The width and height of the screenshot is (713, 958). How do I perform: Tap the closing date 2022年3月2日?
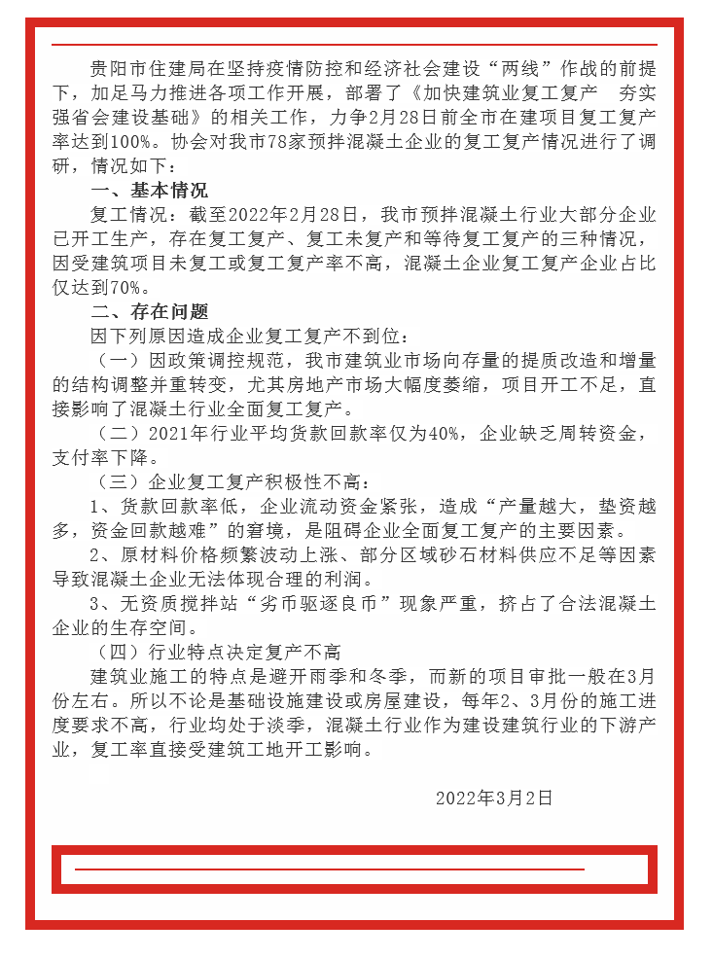pos(494,798)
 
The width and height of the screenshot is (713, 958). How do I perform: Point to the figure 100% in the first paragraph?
pos(120,141)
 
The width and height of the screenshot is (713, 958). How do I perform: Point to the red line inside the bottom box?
pos(331,869)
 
